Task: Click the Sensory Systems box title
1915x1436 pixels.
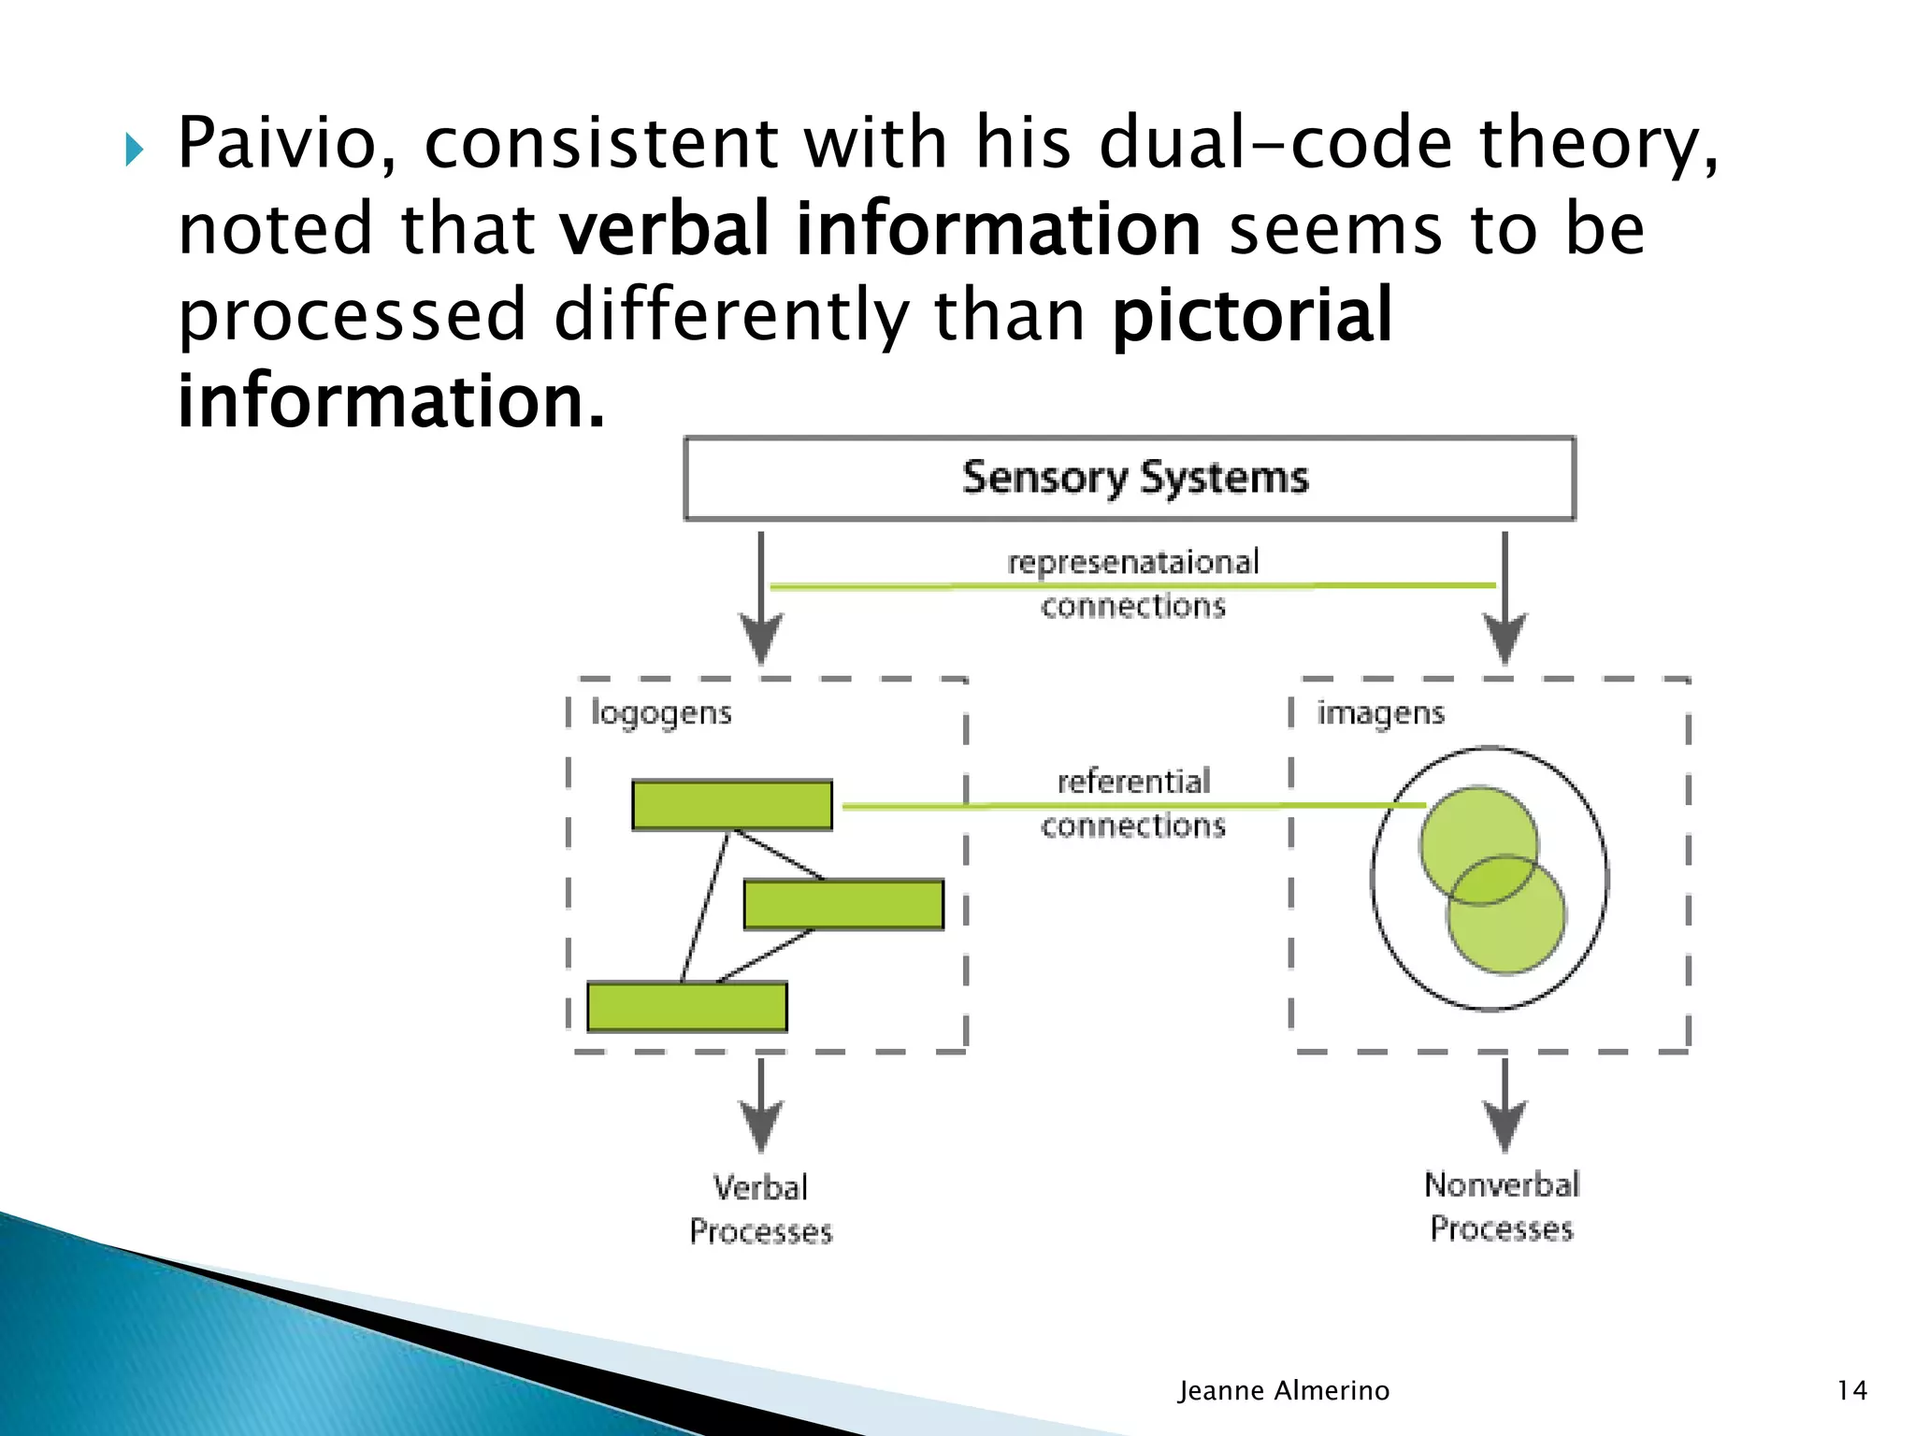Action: (x=1134, y=478)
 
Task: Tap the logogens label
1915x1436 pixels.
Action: (x=661, y=713)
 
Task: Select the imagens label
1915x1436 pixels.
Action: (x=1380, y=713)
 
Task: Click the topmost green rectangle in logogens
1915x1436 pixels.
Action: (x=732, y=805)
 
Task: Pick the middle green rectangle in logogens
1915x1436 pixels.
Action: (x=843, y=904)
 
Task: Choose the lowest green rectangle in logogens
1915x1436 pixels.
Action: (x=687, y=1007)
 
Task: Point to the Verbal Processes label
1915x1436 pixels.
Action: (x=760, y=1209)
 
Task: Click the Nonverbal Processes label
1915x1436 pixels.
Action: (x=1502, y=1206)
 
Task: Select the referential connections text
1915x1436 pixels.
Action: (x=1133, y=803)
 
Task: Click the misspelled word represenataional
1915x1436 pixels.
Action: (x=1133, y=562)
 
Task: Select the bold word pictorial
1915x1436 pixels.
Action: (x=1252, y=315)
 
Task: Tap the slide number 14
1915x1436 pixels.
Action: (x=1851, y=1390)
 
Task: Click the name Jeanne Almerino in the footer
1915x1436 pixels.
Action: (x=1283, y=1390)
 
